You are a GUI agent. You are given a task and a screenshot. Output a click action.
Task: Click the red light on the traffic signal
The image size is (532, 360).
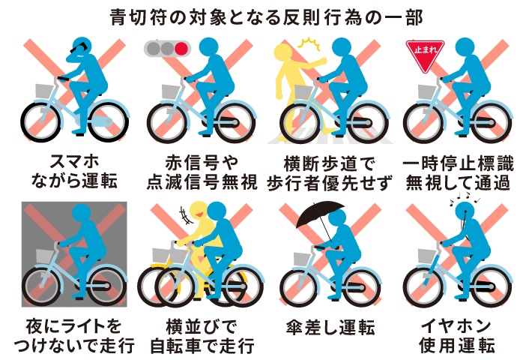click(181, 49)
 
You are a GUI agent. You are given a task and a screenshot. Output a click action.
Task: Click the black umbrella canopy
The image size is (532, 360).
click(320, 212)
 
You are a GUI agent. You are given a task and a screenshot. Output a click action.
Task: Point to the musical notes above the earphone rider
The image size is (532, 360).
click(464, 198)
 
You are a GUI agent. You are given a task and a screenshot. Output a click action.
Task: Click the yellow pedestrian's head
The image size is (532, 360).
click(283, 52)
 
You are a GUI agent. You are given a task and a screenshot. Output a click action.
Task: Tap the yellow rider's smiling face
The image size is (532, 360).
click(199, 211)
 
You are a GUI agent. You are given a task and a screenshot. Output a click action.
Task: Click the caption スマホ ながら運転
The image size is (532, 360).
click(74, 171)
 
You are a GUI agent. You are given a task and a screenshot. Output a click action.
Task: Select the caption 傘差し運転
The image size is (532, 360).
click(330, 328)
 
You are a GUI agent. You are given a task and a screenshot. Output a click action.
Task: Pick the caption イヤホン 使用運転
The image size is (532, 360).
click(456, 336)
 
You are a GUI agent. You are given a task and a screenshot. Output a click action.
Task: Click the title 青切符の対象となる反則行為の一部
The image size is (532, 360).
click(267, 17)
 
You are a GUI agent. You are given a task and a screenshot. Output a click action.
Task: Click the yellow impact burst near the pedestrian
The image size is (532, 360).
click(309, 43)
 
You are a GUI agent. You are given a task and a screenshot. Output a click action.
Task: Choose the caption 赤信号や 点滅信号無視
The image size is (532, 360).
click(202, 172)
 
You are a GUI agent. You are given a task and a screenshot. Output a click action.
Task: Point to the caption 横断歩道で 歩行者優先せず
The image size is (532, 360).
click(330, 172)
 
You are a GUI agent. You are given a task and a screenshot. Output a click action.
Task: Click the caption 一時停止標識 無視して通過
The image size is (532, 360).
click(458, 172)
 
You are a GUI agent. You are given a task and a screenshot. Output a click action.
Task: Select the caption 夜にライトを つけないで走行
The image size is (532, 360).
click(74, 336)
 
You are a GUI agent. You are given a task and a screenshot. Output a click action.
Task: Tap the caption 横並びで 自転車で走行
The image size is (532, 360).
click(202, 336)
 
